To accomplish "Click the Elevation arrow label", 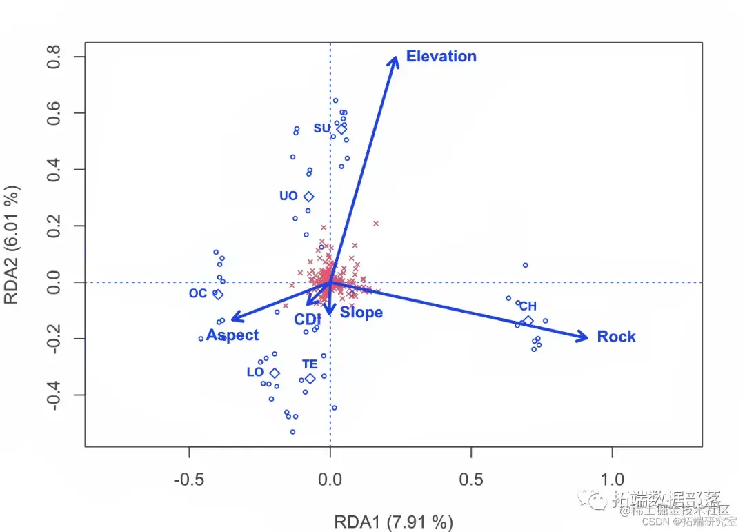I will pyautogui.click(x=441, y=57).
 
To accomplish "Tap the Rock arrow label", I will pyautogui.click(x=616, y=337).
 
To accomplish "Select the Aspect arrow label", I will pyautogui.click(x=232, y=335).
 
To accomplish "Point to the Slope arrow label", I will pyautogui.click(x=361, y=313).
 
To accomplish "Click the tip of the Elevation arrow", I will pyautogui.click(x=396, y=57).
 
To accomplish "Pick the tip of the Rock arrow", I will pyautogui.click(x=588, y=337).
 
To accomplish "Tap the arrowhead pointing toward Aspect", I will pyautogui.click(x=231, y=319).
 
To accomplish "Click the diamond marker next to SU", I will pyautogui.click(x=341, y=129).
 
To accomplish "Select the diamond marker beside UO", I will pyautogui.click(x=308, y=197).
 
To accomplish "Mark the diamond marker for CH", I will pyautogui.click(x=528, y=321).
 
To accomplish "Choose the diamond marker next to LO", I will pyautogui.click(x=275, y=373).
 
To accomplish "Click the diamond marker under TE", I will pyautogui.click(x=310, y=379).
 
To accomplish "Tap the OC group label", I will pyautogui.click(x=198, y=294).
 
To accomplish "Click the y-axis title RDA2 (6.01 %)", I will pyautogui.click(x=12, y=245).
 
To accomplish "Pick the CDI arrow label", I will pyautogui.click(x=308, y=320).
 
